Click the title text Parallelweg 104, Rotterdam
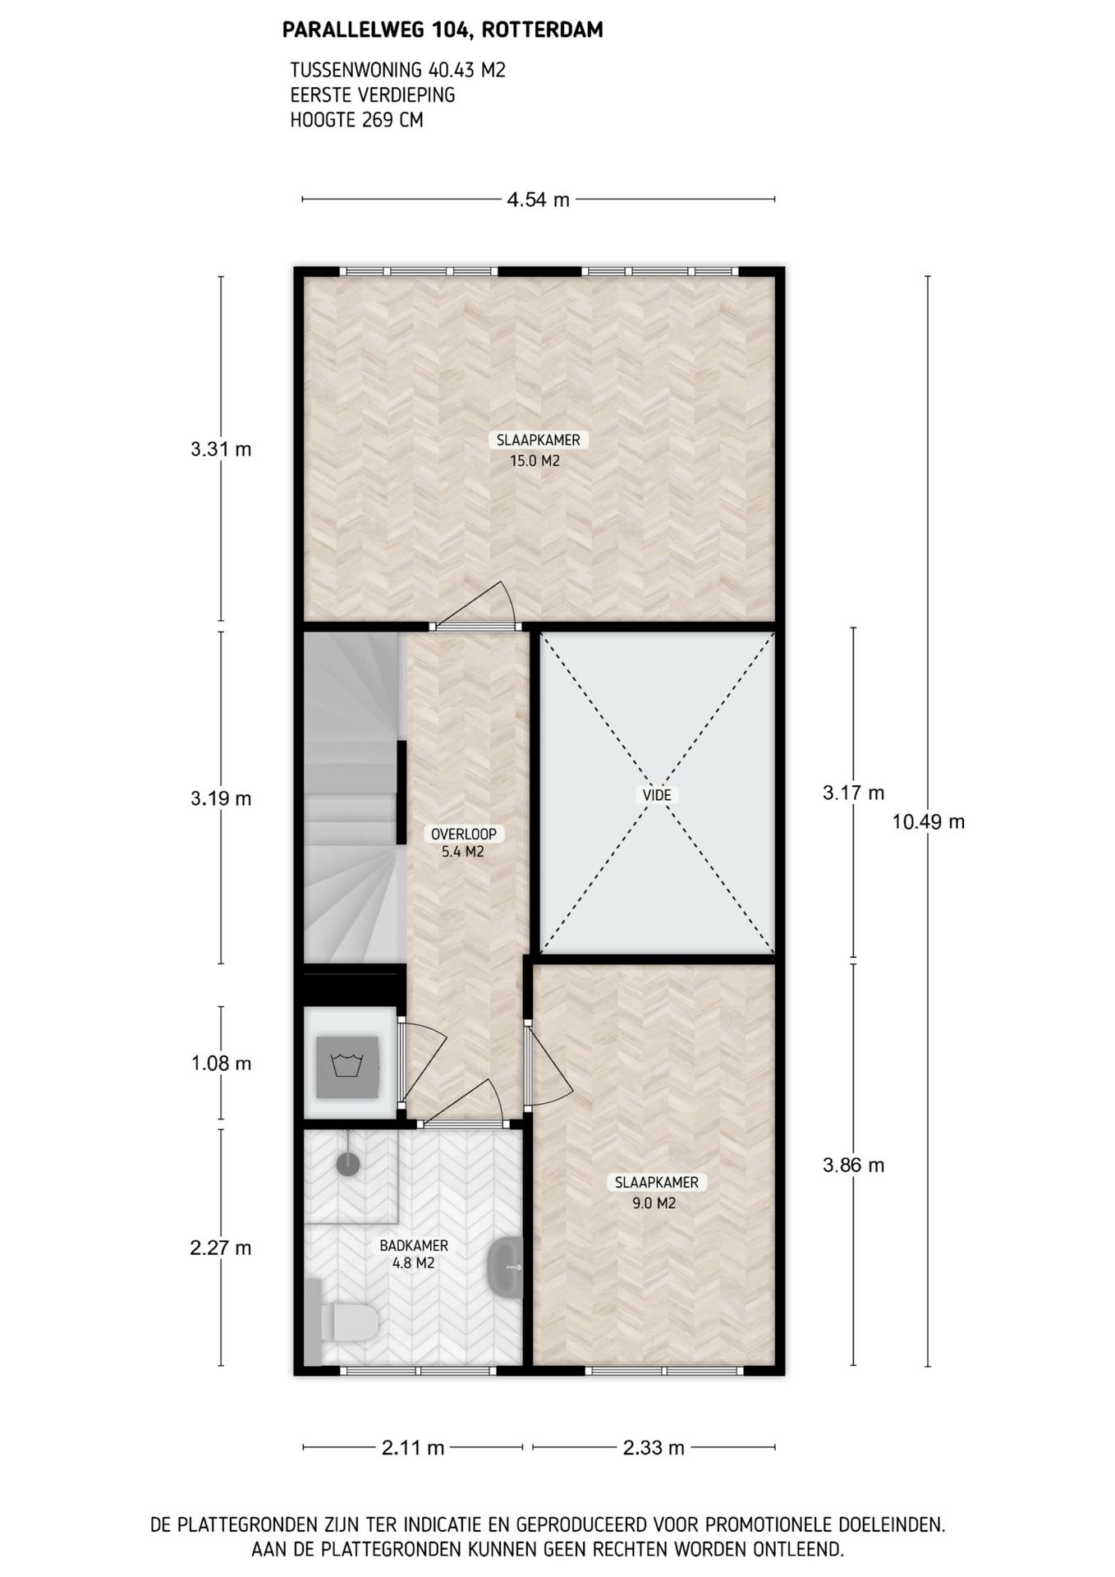tap(443, 30)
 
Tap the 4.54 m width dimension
tap(538, 200)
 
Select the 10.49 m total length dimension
tap(929, 821)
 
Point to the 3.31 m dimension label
tap(221, 449)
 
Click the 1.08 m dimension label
tap(221, 1064)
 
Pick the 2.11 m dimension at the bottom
tap(413, 1448)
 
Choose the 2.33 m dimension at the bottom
tap(654, 1448)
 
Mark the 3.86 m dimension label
tap(854, 1165)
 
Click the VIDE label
tap(657, 795)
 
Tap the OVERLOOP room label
tap(464, 834)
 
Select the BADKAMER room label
tap(414, 1246)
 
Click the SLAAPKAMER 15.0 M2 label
tap(538, 450)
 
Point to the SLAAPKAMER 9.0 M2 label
tap(657, 1193)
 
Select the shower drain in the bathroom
tap(348, 1164)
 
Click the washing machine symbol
tap(348, 1067)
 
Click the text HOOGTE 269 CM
tap(357, 120)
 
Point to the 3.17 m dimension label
tap(854, 793)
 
